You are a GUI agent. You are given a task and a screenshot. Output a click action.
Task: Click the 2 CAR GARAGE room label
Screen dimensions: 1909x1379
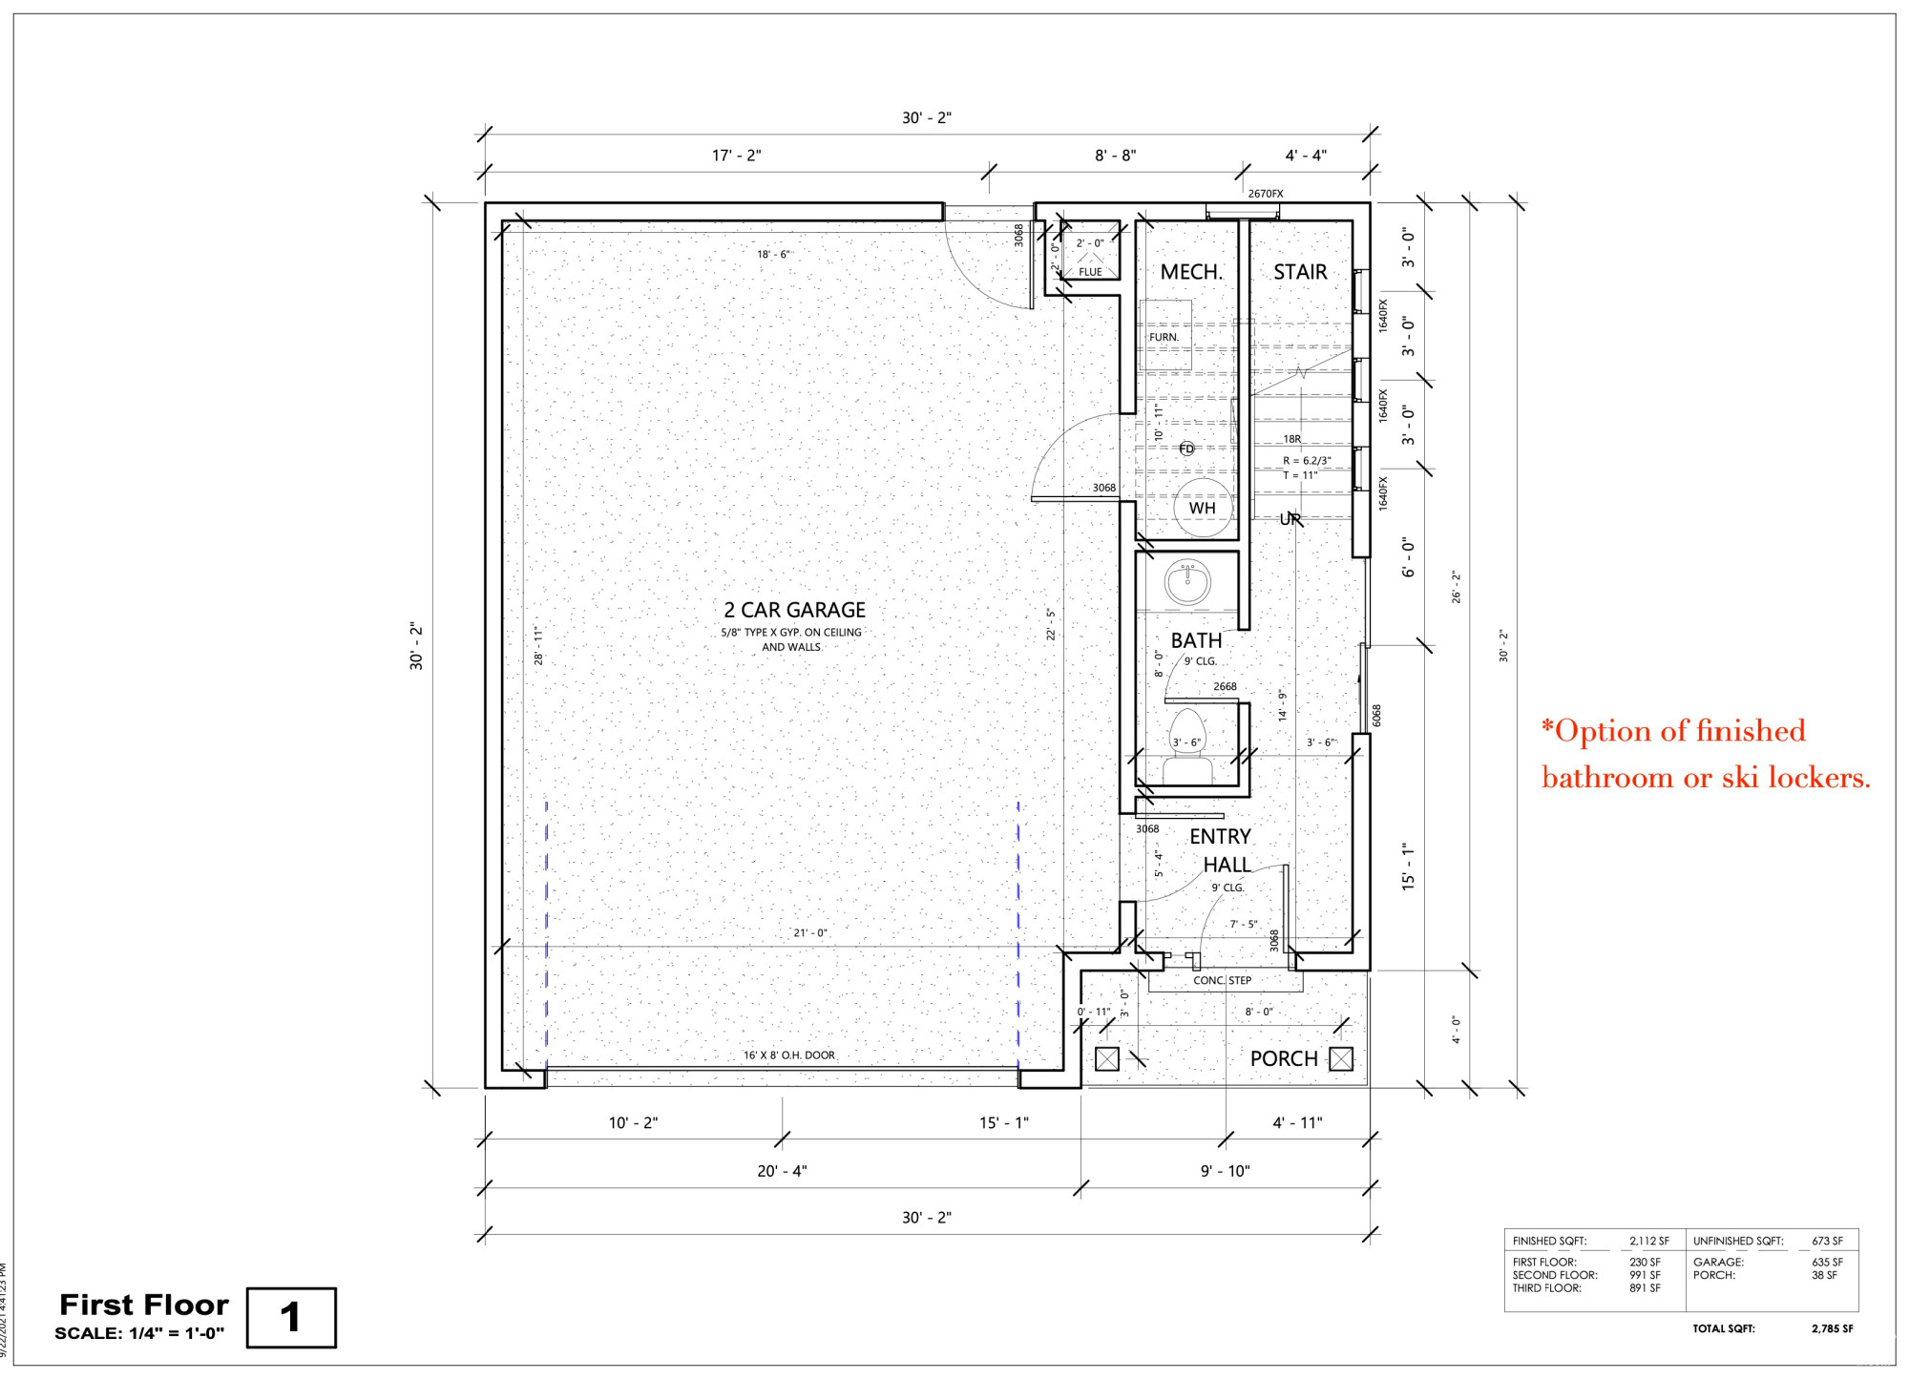794,610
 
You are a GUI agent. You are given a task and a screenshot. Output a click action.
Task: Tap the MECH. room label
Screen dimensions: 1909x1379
1191,272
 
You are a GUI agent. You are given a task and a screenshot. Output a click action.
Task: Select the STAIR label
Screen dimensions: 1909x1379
1300,272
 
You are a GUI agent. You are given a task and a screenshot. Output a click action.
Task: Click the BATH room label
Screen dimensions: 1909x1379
1196,640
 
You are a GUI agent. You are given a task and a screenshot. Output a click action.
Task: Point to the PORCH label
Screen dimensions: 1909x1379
1284,1058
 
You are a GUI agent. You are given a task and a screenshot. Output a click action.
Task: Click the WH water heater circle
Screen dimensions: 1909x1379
1202,508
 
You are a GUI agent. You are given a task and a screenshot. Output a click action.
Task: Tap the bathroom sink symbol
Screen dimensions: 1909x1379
1187,581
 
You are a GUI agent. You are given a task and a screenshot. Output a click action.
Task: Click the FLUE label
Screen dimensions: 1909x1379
1090,272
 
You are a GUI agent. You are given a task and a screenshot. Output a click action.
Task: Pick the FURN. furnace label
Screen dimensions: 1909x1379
1164,337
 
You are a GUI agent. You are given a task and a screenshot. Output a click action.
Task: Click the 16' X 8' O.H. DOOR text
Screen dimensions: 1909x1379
789,1055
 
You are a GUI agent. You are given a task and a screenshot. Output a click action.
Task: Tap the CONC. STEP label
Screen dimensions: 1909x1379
1222,980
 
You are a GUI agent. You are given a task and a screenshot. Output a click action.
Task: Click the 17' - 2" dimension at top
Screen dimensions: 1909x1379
737,156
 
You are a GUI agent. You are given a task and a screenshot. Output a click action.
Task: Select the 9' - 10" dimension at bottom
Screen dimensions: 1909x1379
1226,1171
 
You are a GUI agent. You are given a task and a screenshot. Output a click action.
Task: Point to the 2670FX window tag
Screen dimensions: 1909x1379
1266,194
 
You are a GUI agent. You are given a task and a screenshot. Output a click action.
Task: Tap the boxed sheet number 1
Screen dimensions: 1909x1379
291,1318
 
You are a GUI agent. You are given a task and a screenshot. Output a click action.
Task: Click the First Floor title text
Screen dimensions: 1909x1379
144,1305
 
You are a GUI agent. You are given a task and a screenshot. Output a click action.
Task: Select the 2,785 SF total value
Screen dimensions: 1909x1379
1833,1328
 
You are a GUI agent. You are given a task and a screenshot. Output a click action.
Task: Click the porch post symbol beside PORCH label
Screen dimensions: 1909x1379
1341,1058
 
